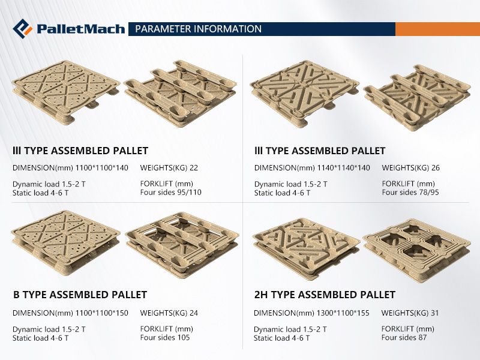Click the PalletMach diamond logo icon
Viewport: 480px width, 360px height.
(x=22, y=29)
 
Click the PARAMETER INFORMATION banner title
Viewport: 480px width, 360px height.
(x=199, y=29)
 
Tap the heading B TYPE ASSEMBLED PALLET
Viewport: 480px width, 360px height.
(x=80, y=295)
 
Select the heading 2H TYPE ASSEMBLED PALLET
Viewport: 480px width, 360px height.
(x=325, y=295)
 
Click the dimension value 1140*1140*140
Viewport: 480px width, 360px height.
(x=343, y=168)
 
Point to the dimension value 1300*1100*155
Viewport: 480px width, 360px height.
(x=343, y=313)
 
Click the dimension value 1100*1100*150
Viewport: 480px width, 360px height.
(x=101, y=313)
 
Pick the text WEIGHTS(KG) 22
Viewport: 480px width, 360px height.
(x=169, y=168)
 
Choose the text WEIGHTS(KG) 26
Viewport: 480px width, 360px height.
(x=411, y=168)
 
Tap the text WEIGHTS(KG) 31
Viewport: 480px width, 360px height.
(x=410, y=313)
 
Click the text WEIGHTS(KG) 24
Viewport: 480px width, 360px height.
(x=169, y=313)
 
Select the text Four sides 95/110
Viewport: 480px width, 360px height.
(x=171, y=192)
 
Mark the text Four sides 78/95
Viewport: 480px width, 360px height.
(x=410, y=192)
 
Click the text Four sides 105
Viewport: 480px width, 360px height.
(x=165, y=337)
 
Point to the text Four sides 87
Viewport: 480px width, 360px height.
(x=404, y=337)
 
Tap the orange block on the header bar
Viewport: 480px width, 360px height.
(x=438, y=29)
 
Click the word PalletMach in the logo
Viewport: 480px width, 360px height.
(x=81, y=29)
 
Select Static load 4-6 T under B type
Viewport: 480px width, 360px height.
(x=40, y=338)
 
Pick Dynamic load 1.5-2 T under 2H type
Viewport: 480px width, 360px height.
(x=290, y=329)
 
